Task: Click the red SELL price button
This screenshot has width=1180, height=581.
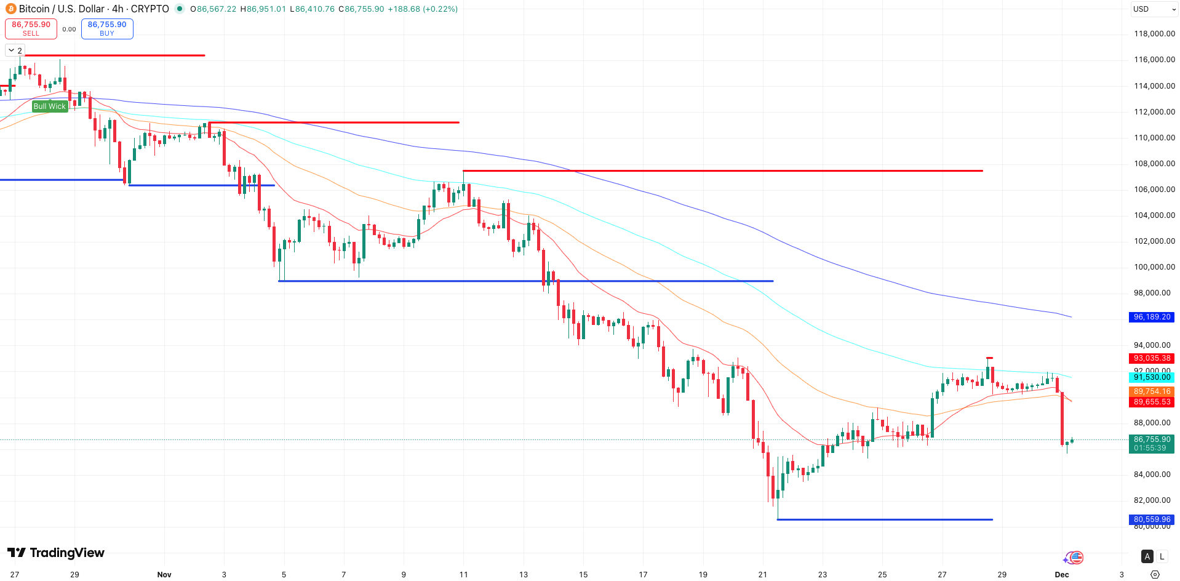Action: click(31, 28)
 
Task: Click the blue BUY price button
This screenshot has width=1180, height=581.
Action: click(107, 28)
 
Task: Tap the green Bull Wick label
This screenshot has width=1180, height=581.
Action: click(49, 106)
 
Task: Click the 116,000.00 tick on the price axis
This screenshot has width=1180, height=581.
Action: click(1154, 60)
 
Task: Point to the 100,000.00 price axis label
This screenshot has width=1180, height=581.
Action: click(1154, 267)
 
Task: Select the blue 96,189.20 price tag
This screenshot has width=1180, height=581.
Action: click(1152, 317)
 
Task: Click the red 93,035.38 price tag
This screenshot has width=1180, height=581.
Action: click(1152, 358)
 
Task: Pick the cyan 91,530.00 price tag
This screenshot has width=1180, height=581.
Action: click(1152, 377)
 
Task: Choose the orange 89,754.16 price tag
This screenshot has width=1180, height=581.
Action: click(1152, 391)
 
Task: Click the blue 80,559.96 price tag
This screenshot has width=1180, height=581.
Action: click(1152, 519)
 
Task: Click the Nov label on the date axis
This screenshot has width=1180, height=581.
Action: click(164, 574)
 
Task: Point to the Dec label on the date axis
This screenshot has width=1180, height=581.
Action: click(1062, 574)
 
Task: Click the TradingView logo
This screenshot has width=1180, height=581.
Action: click(56, 553)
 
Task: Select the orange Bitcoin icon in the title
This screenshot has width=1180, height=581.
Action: click(11, 9)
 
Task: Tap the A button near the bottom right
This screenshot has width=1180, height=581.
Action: click(1147, 556)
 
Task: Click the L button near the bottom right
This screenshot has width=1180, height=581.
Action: click(1162, 556)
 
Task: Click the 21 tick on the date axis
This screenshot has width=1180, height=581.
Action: click(763, 574)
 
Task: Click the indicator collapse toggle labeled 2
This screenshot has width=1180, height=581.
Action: click(15, 50)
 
